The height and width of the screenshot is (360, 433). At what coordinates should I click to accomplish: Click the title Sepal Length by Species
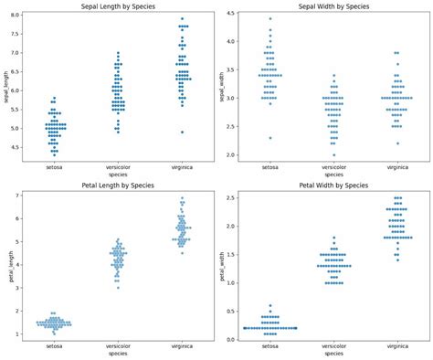pyautogui.click(x=114, y=5)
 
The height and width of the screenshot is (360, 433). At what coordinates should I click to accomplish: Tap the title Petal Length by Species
pyautogui.click(x=114, y=185)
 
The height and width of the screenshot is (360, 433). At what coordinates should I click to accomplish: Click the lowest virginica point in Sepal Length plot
pyautogui.click(x=182, y=132)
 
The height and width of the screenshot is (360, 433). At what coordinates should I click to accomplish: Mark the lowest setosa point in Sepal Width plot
pyautogui.click(x=269, y=138)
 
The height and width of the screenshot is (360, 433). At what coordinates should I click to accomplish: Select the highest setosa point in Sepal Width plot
pyautogui.click(x=269, y=18)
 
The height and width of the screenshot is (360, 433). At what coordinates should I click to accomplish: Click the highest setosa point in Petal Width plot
pyautogui.click(x=269, y=305)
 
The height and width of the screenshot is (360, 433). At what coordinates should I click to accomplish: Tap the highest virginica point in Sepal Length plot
pyautogui.click(x=182, y=19)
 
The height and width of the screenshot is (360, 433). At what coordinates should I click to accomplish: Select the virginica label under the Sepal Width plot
pyautogui.click(x=396, y=167)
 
